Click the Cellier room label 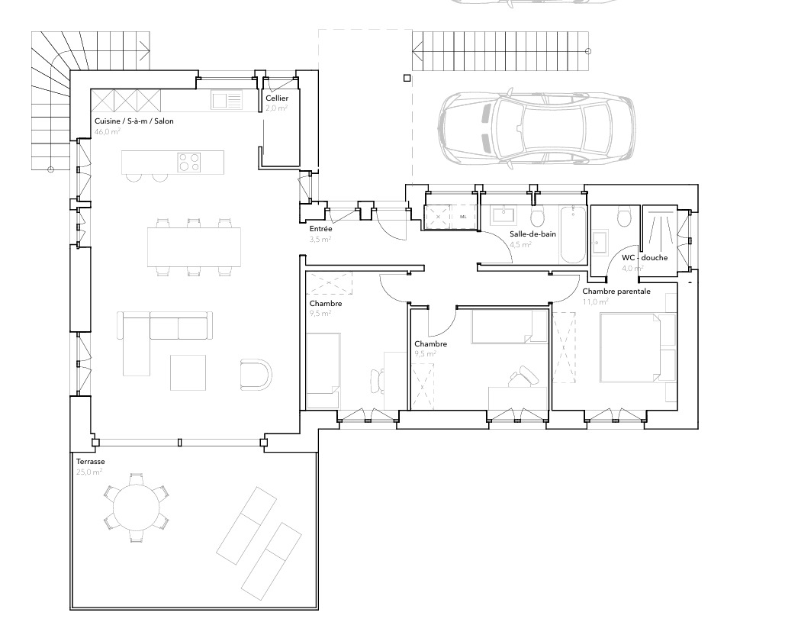point(276,98)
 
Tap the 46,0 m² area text point(108,132)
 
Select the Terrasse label point(90,462)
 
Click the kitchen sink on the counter point(227,100)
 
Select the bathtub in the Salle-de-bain point(571,234)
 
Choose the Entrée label point(320,229)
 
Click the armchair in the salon point(255,374)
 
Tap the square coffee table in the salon point(188,372)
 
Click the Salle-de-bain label point(532,234)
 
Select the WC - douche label point(645,257)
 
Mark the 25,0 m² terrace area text point(88,472)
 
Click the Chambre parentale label point(616,292)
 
